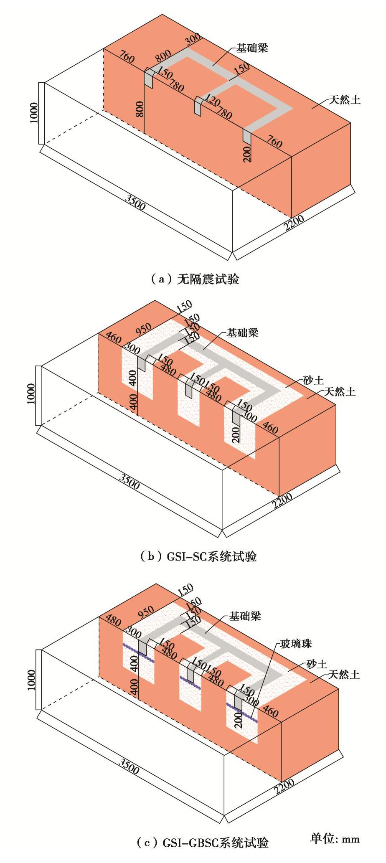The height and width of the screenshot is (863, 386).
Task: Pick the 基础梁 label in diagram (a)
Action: [252, 48]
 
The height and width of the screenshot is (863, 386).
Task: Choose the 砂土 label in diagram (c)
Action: [317, 664]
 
